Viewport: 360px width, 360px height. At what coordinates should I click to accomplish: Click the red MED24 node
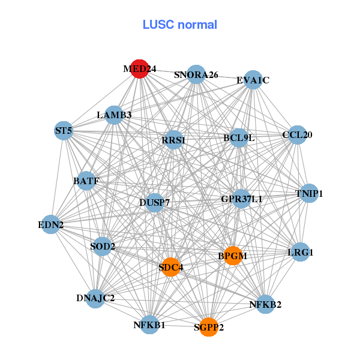(139, 69)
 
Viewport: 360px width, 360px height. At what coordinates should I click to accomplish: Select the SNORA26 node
(196, 74)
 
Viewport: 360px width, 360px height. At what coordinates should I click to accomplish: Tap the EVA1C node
(253, 80)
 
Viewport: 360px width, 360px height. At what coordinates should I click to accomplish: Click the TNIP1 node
(309, 193)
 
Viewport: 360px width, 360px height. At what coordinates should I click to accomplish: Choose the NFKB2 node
(265, 304)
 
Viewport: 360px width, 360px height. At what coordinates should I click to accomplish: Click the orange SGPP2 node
(208, 327)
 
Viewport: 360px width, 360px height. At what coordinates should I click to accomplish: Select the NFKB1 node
(149, 325)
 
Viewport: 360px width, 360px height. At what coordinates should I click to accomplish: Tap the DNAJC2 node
(95, 298)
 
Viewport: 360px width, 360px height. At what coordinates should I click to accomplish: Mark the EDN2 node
(51, 225)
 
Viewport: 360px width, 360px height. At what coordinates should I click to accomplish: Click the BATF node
(86, 181)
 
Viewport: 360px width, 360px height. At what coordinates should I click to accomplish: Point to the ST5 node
(64, 130)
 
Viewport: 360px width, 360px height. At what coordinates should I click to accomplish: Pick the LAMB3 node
(114, 115)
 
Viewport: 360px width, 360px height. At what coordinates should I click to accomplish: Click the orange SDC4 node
(171, 267)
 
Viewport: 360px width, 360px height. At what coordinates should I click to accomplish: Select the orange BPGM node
(232, 256)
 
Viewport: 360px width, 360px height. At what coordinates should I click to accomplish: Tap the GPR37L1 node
(241, 199)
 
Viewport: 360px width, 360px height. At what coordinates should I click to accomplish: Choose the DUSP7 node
(155, 202)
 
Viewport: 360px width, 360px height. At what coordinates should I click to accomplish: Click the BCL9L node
(239, 137)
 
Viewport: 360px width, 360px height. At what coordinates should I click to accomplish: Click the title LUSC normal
(179, 25)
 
